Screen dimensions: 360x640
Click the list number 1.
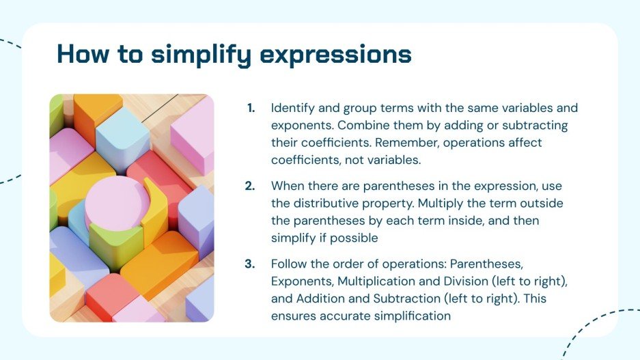(251, 108)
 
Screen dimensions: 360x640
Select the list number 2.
(251, 186)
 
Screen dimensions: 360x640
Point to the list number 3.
(251, 264)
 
